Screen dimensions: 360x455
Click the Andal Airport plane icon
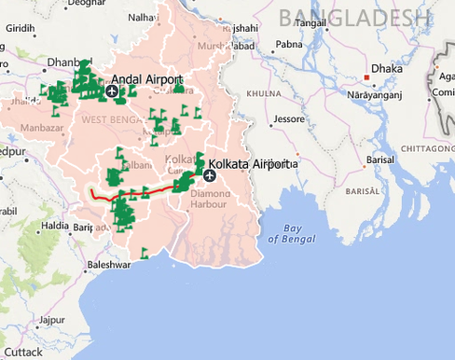click(x=113, y=91)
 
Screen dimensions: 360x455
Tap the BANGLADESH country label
click(x=355, y=16)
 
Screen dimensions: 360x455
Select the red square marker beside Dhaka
click(x=366, y=77)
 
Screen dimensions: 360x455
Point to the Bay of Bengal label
click(x=285, y=233)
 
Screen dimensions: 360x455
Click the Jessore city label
click(x=288, y=119)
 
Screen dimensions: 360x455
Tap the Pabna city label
click(x=289, y=43)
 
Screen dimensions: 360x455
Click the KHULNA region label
click(x=264, y=94)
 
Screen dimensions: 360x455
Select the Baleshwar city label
click(x=105, y=265)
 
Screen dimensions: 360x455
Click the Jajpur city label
click(x=38, y=320)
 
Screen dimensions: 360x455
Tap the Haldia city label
click(x=55, y=226)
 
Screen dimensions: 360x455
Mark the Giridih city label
click(x=20, y=29)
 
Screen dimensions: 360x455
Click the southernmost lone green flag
click(x=144, y=253)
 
